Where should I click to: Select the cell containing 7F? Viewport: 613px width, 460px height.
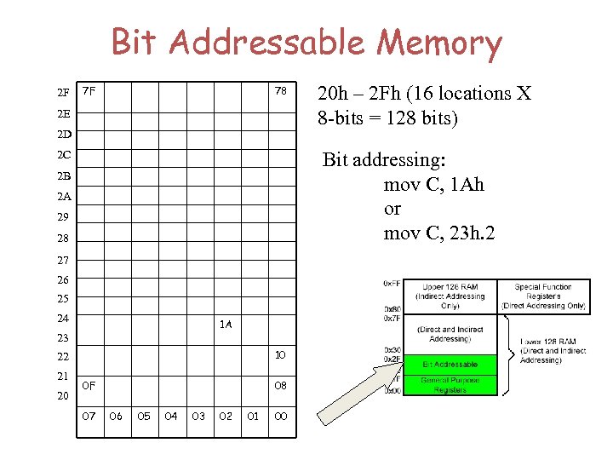(89, 91)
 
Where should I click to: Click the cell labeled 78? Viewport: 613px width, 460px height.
(280, 91)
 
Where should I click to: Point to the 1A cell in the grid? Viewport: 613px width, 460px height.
(226, 324)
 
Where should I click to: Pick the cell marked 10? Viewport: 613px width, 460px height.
(280, 354)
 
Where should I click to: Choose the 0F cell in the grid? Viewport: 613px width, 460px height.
(89, 385)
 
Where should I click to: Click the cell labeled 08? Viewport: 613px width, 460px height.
(280, 385)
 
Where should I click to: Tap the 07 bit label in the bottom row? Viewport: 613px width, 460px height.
(89, 416)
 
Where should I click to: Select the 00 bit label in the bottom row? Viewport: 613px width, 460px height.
(280, 416)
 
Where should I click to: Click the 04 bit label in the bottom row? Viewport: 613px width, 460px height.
(171, 416)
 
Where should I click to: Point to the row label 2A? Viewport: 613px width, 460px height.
(63, 197)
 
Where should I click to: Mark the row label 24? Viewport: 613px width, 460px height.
(63, 318)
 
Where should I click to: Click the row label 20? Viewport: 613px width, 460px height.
(63, 395)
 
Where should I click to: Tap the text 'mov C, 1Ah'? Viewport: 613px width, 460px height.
(433, 185)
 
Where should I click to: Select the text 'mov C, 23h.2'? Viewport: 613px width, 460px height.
(440, 233)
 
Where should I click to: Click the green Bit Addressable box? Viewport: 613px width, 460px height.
(450, 364)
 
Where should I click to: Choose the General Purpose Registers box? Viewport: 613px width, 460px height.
(450, 384)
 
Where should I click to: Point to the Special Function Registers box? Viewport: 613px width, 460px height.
(543, 296)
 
